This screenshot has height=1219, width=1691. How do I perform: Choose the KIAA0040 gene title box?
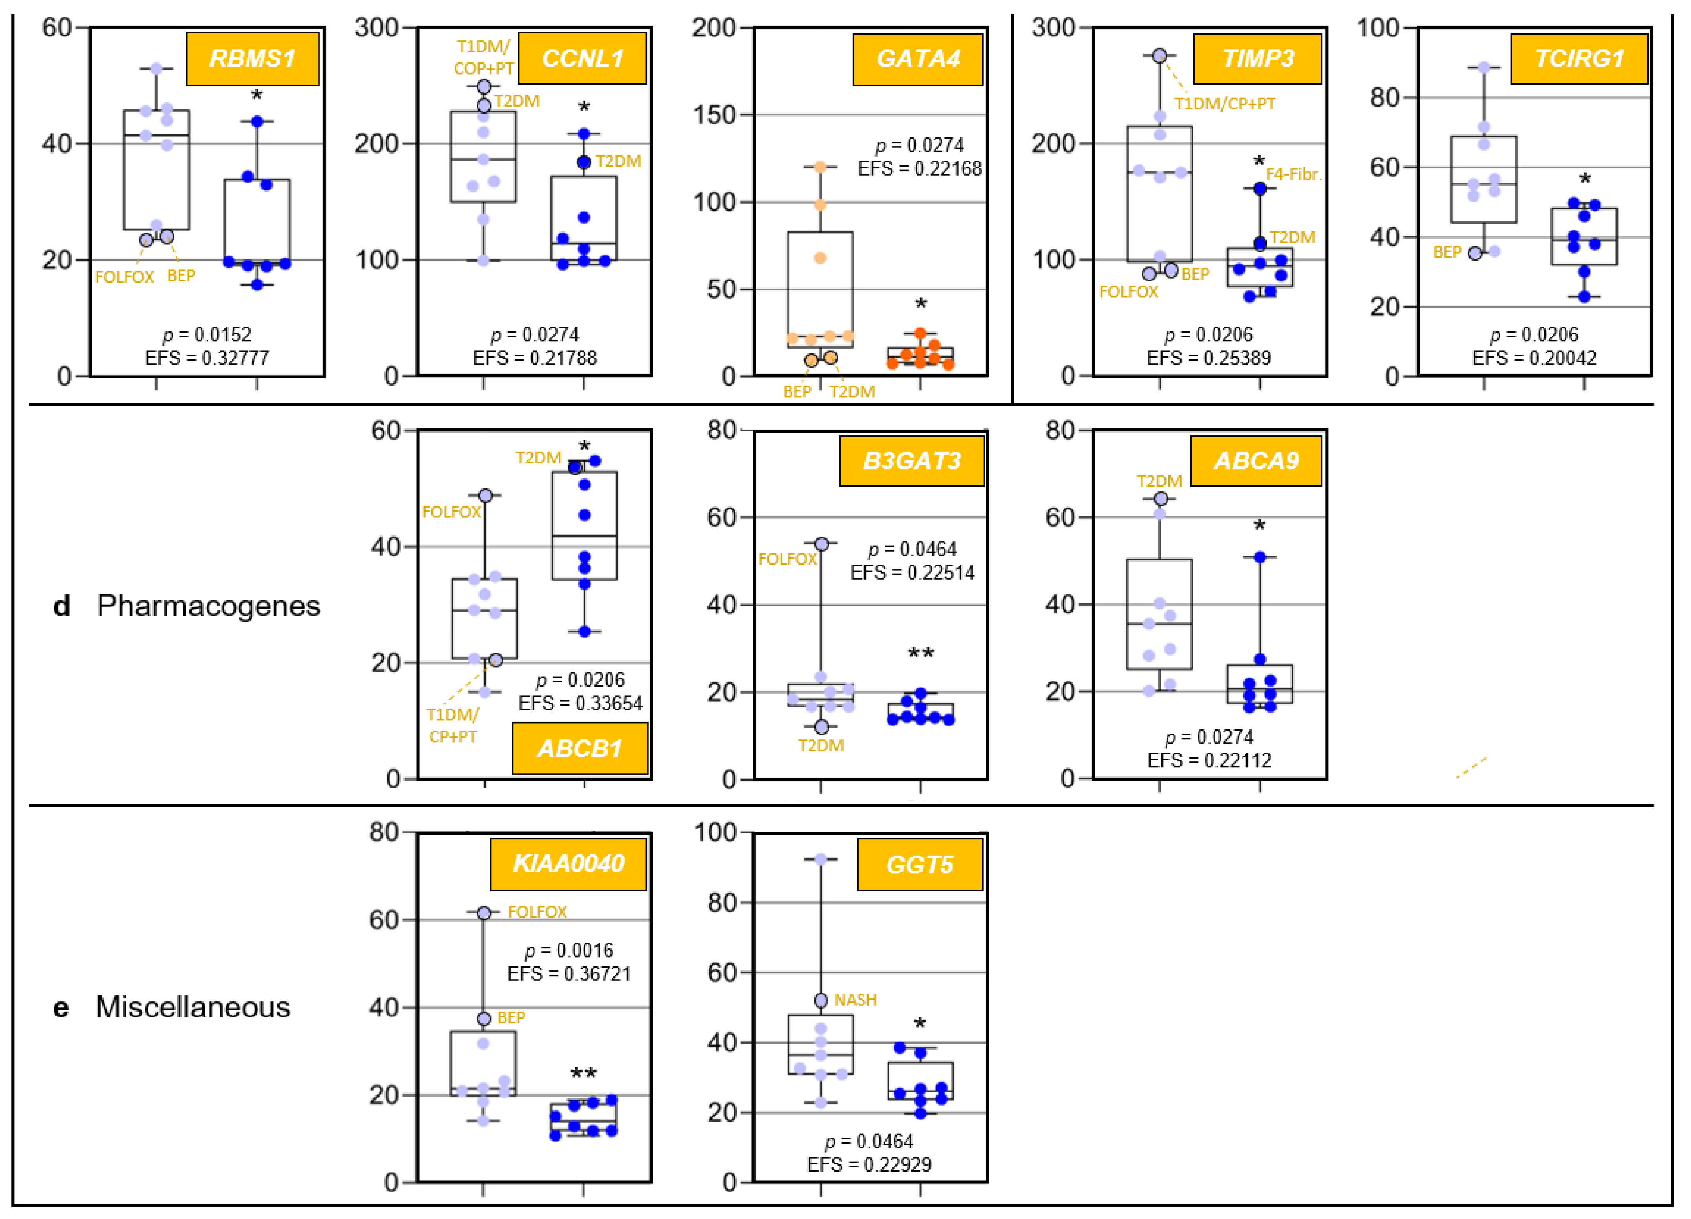coord(568,863)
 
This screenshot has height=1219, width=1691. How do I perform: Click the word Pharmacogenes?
coord(208,605)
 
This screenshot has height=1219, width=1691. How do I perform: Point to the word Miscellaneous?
coord(192,1007)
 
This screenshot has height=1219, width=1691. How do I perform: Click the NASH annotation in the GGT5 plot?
coord(855,1000)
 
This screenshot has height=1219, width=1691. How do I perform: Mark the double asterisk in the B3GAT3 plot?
coord(920,654)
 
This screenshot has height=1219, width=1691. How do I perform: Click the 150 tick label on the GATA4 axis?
coord(714,115)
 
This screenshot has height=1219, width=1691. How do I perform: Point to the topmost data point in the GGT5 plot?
coord(820,859)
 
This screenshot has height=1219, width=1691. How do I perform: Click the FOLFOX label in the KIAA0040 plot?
coord(537,912)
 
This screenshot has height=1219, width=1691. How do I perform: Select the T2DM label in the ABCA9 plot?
coord(1159,481)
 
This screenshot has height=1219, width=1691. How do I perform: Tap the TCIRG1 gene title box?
coord(1579,58)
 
